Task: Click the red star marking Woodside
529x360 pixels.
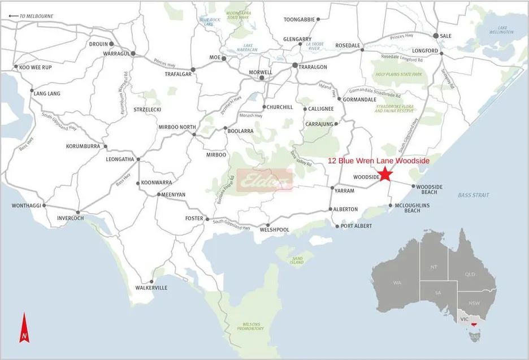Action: tap(385, 174)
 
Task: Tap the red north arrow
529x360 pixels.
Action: tap(24, 328)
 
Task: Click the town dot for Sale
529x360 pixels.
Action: tap(435, 36)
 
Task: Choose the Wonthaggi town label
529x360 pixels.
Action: tap(27, 206)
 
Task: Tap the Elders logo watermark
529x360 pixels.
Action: tap(264, 180)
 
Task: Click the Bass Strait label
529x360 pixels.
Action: tap(474, 195)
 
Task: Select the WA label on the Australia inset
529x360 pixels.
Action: tap(397, 282)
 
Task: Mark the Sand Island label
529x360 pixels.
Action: tap(297, 261)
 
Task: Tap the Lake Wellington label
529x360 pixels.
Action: tap(502, 30)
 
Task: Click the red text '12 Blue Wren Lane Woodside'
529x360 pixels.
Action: tap(379, 161)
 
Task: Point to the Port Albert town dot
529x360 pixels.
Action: tap(337, 227)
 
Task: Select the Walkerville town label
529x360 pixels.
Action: tap(151, 288)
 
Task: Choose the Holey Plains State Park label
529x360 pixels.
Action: tap(398, 74)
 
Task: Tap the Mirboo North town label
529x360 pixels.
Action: tap(177, 127)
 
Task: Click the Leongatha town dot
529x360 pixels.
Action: tap(137, 159)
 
